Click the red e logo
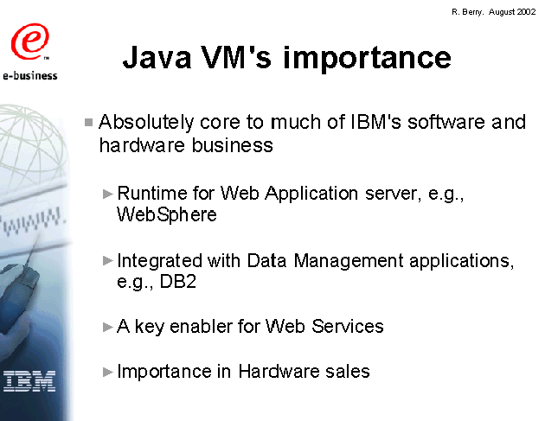click(30, 41)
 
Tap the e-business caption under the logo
click(30, 75)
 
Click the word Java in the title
click(157, 58)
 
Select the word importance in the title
click(367, 59)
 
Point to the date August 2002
click(512, 12)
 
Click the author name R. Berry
click(467, 12)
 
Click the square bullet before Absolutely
click(88, 122)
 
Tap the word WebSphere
click(166, 214)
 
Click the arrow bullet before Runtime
click(108, 194)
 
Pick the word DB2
click(178, 281)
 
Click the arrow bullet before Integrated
click(108, 260)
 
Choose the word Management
click(349, 261)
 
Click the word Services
click(347, 327)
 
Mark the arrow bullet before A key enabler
click(108, 327)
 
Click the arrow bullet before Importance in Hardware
click(108, 372)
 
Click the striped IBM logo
click(29, 381)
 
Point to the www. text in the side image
click(33, 221)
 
